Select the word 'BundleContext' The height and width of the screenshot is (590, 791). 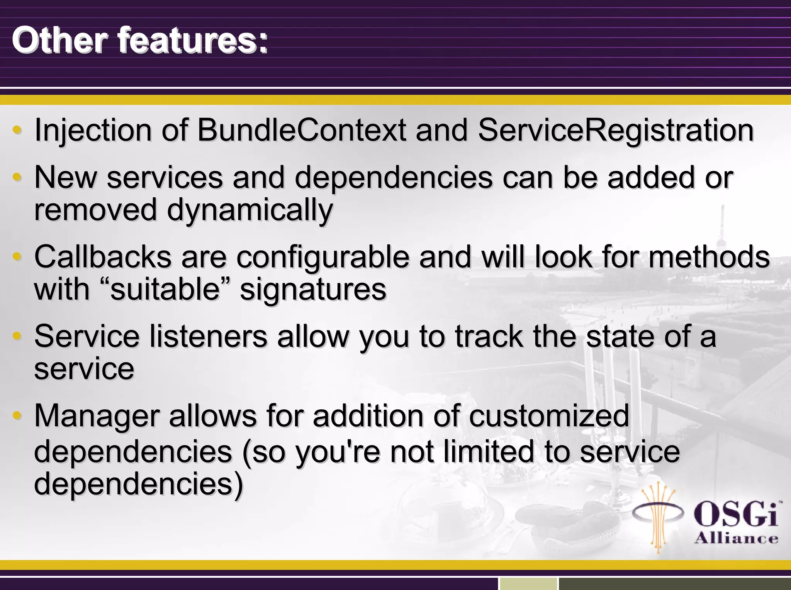[301, 130]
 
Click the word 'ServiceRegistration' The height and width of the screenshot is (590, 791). [616, 130]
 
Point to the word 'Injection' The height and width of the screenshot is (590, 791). [93, 130]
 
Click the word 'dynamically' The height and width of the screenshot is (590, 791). [250, 210]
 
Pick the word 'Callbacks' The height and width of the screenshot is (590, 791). [103, 257]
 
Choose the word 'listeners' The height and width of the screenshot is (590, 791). [208, 337]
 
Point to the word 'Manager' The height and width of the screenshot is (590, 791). [97, 417]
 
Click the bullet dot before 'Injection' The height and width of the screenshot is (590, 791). [17, 130]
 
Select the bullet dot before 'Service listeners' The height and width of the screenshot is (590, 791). [17, 336]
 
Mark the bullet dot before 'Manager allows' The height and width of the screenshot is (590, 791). [17, 416]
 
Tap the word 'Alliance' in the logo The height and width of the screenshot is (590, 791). [736, 538]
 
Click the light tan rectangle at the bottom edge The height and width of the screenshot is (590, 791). [528, 583]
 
